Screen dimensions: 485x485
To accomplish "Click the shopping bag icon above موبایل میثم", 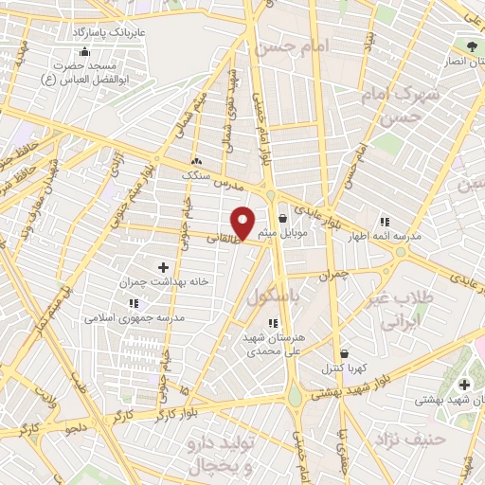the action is point(282,219).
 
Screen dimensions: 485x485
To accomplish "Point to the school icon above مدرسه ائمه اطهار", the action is point(384,221).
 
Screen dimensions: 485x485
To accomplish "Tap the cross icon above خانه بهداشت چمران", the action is point(162,268).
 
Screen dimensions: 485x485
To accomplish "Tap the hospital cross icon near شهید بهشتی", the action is point(463,384).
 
